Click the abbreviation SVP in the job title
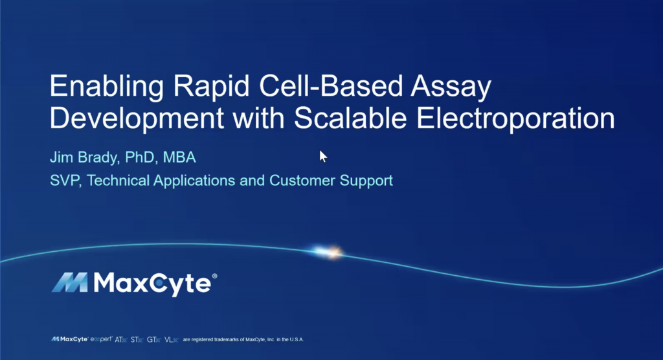tap(64, 181)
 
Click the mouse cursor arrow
tap(323, 155)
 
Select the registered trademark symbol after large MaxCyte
tap(214, 276)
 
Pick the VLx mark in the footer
tap(172, 339)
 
